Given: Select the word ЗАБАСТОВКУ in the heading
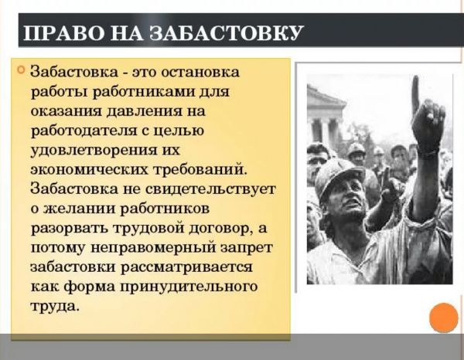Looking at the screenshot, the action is point(227,33).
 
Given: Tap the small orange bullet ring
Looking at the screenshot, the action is point(21,70).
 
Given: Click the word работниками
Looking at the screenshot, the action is point(147,91).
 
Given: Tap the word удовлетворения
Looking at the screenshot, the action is point(94,150).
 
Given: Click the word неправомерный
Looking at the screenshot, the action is point(154,248).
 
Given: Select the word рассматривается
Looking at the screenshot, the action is point(187,267).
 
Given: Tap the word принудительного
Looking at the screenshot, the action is point(189,287).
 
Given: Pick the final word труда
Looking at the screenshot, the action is point(55,307).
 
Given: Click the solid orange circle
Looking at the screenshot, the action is point(444,318).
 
